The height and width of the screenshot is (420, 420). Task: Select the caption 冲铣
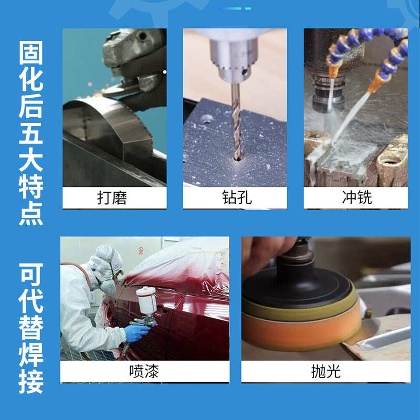coord(356,197)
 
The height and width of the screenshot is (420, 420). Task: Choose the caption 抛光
coord(325,372)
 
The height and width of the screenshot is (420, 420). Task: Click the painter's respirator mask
coord(107,286)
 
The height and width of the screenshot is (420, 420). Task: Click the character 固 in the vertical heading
coord(31,53)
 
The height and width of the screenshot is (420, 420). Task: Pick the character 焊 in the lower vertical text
coord(31,353)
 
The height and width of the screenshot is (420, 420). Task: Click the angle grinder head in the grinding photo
coord(131,58)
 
